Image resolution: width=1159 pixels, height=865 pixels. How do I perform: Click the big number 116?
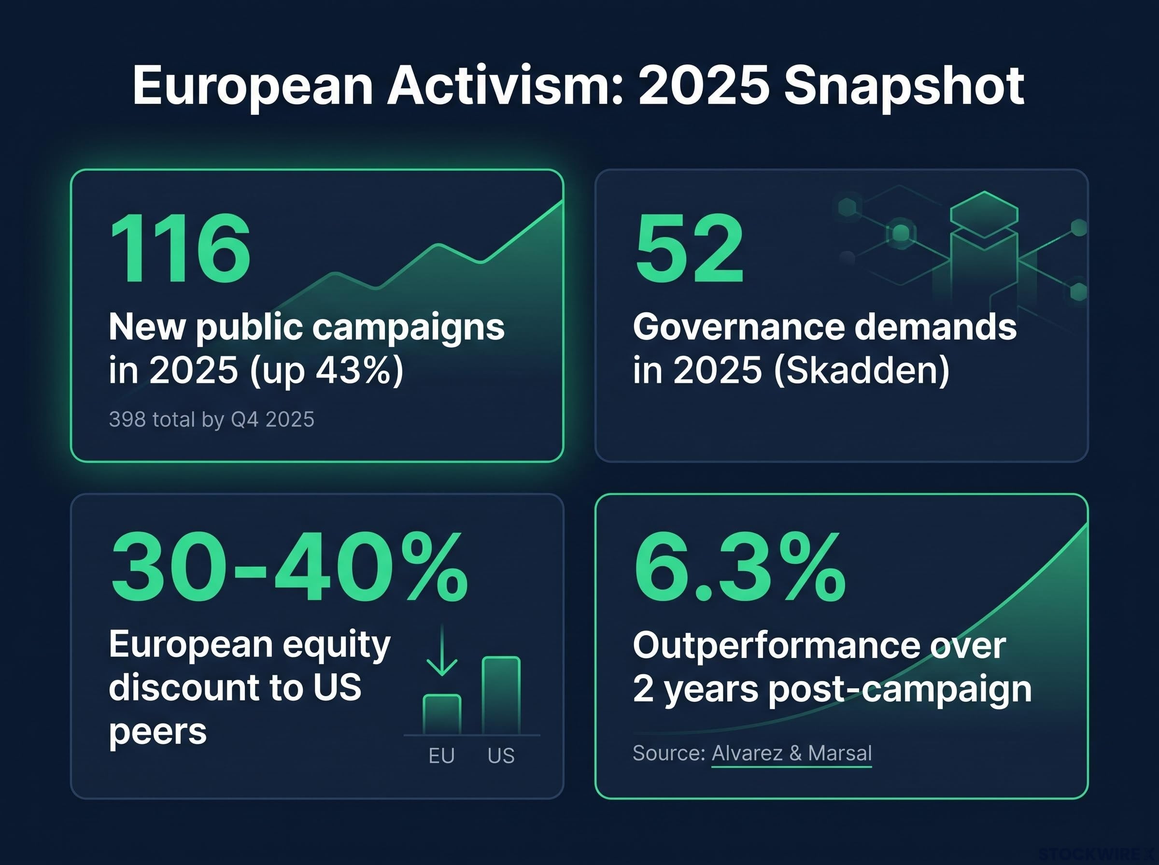[180, 248]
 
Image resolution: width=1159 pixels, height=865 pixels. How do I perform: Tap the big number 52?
[689, 248]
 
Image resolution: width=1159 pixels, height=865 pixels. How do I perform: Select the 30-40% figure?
[289, 567]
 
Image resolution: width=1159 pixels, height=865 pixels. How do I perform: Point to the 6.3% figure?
[739, 567]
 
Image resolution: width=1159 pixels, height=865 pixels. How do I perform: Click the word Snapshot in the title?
[904, 85]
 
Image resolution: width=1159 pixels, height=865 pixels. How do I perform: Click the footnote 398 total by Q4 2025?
[212, 420]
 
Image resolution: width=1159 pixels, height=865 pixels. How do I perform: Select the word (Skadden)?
[862, 371]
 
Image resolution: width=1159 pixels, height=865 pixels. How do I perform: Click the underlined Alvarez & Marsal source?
[792, 753]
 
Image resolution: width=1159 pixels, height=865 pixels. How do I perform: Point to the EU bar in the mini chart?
[442, 715]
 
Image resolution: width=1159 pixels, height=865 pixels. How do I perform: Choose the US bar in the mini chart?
[501, 696]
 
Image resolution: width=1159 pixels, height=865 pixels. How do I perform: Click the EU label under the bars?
[441, 756]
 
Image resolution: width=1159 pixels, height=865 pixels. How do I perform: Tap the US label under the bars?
[501, 756]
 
